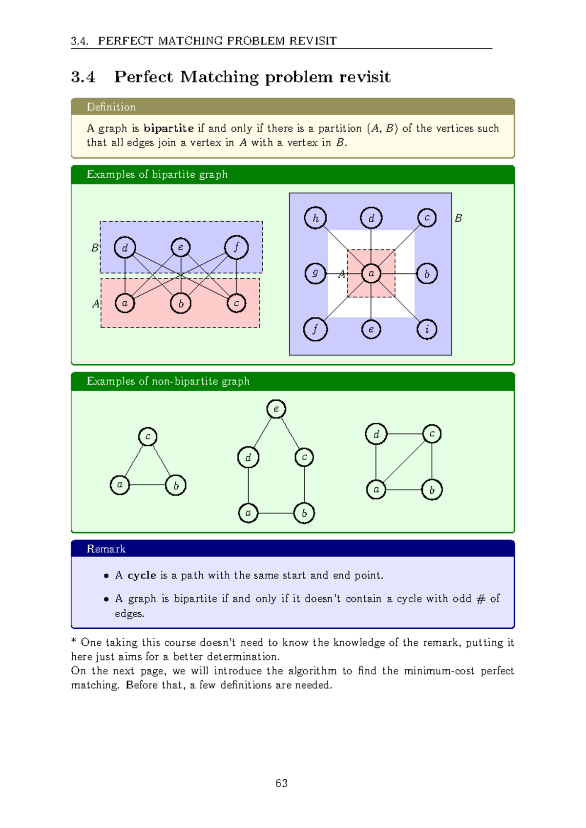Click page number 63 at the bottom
pos(281,783)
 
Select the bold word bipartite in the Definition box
pos(168,128)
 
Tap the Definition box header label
pos(111,107)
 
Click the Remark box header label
pos(106,549)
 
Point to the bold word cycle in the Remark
pos(142,575)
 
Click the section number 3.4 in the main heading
pos(83,77)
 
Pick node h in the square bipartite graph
pos(315,218)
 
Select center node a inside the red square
pos(371,273)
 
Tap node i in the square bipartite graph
pos(427,329)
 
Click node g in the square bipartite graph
pos(315,273)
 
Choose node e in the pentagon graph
pos(276,409)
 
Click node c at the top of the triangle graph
pos(148,436)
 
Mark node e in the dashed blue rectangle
pos(181,248)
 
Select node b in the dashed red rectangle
pos(181,304)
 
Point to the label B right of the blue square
pos(458,218)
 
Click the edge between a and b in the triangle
pos(148,485)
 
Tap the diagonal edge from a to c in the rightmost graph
pos(404,461)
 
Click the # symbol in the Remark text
pos(481,599)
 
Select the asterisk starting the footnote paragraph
pos(74,642)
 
